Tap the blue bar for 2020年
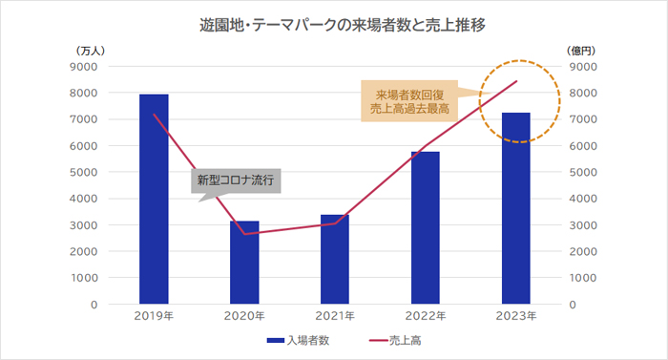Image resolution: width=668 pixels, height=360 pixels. [x=244, y=263]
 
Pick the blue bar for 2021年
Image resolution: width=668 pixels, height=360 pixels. [x=335, y=259]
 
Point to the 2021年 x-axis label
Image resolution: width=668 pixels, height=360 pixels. [x=335, y=316]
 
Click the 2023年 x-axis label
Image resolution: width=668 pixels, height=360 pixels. [x=516, y=316]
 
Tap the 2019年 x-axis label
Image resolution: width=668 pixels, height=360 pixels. [x=154, y=316]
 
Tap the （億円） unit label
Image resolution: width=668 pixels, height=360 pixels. [x=582, y=51]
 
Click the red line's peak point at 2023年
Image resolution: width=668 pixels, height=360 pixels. [x=516, y=81]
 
